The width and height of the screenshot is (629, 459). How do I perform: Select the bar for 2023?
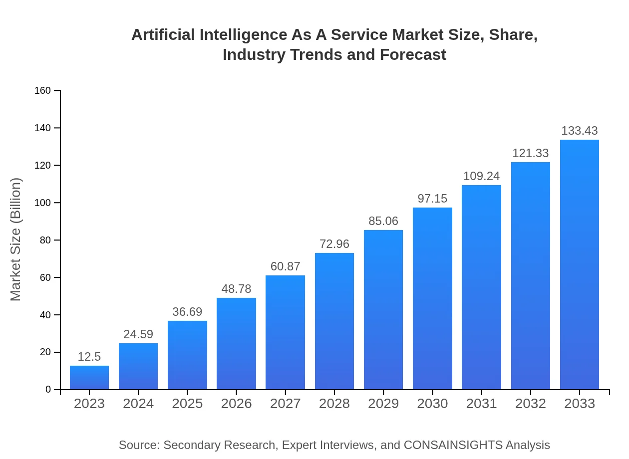89,378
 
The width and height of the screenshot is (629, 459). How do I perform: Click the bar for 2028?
334,321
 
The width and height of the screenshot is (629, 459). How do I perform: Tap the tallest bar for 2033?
580,264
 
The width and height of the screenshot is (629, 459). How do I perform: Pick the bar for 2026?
236,344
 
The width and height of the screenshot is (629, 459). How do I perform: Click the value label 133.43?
580,131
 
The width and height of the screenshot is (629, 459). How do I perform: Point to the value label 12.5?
89,357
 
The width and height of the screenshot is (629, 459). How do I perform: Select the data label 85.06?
383,221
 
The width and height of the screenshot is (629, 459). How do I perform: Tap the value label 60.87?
286,266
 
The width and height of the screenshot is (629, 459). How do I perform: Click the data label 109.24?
481,176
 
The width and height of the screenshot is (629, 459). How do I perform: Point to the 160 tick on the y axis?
43,90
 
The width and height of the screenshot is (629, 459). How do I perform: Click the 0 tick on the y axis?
48,390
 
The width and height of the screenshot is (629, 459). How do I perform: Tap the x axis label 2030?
432,404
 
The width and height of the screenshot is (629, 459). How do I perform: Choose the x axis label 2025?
187,404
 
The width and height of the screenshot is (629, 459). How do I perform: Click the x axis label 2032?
530,404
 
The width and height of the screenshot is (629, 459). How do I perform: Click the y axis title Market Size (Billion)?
16,239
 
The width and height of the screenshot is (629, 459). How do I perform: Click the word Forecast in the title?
413,54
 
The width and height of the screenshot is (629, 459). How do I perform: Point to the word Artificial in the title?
163,35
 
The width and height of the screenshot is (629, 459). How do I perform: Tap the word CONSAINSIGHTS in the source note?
452,445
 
